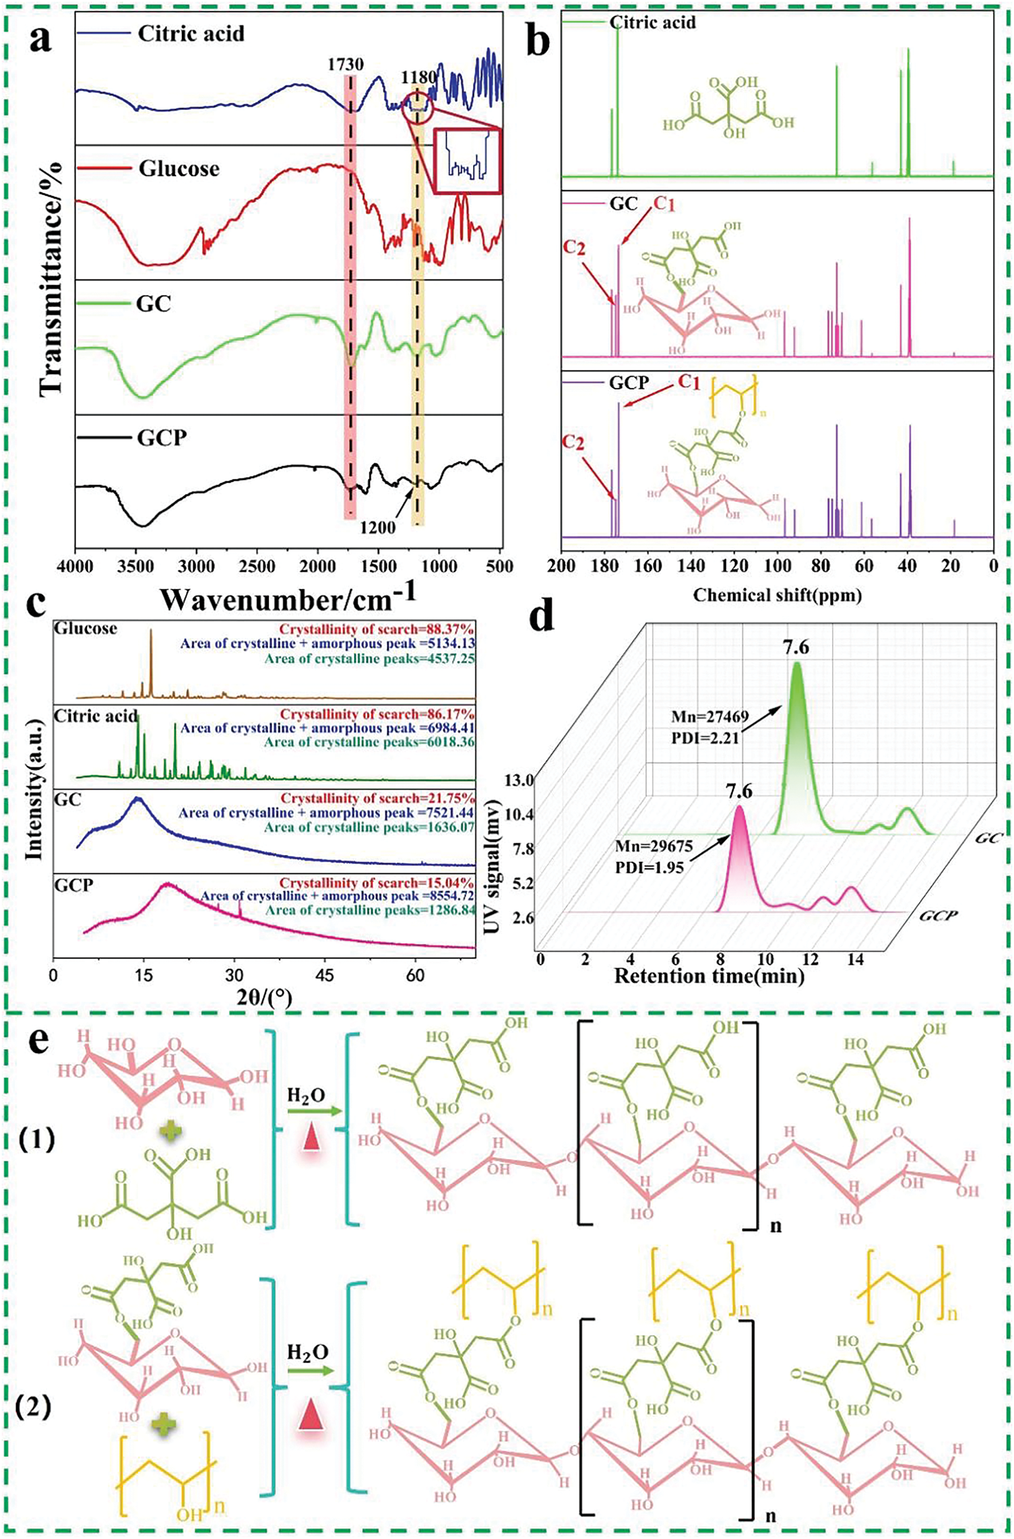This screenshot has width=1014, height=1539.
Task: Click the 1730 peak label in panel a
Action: pyautogui.click(x=346, y=64)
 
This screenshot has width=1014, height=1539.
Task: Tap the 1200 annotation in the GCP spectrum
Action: pyautogui.click(x=377, y=528)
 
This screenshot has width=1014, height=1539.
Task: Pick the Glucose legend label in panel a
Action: pyautogui.click(x=179, y=168)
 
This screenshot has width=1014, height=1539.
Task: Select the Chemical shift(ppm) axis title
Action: pyautogui.click(x=778, y=595)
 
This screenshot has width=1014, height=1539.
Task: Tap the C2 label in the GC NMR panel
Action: pyautogui.click(x=574, y=248)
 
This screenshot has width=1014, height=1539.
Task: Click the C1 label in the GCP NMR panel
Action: pyautogui.click(x=688, y=382)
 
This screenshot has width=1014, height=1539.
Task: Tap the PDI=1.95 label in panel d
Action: pyautogui.click(x=649, y=867)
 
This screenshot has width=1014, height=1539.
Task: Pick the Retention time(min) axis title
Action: pyautogui.click(x=709, y=975)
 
